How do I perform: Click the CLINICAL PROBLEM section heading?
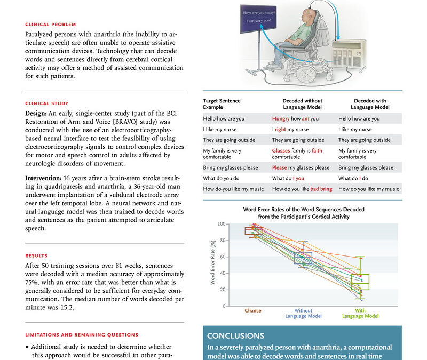pos(50,24)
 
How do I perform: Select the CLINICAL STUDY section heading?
pos(46,103)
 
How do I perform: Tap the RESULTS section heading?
pos(36,255)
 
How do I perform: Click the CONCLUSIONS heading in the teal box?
pos(235,336)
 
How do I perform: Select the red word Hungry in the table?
pos(281,119)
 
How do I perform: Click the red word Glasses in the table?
pos(281,151)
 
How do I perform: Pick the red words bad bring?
pos(321,189)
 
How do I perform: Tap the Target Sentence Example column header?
pos(222,104)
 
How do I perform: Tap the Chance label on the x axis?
pos(252,310)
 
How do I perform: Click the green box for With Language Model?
pos(360,282)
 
